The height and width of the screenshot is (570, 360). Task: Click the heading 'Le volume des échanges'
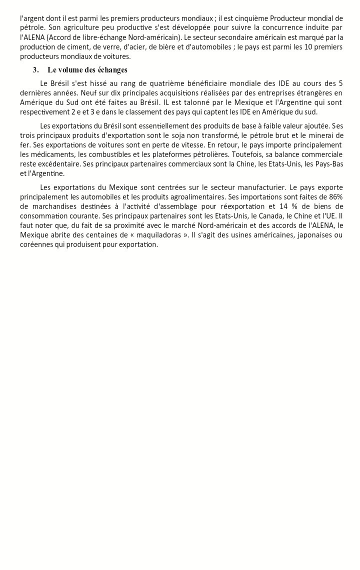point(87,69)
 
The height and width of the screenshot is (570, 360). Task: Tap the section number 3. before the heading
point(35,69)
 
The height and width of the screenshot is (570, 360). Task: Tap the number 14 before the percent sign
point(294,206)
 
